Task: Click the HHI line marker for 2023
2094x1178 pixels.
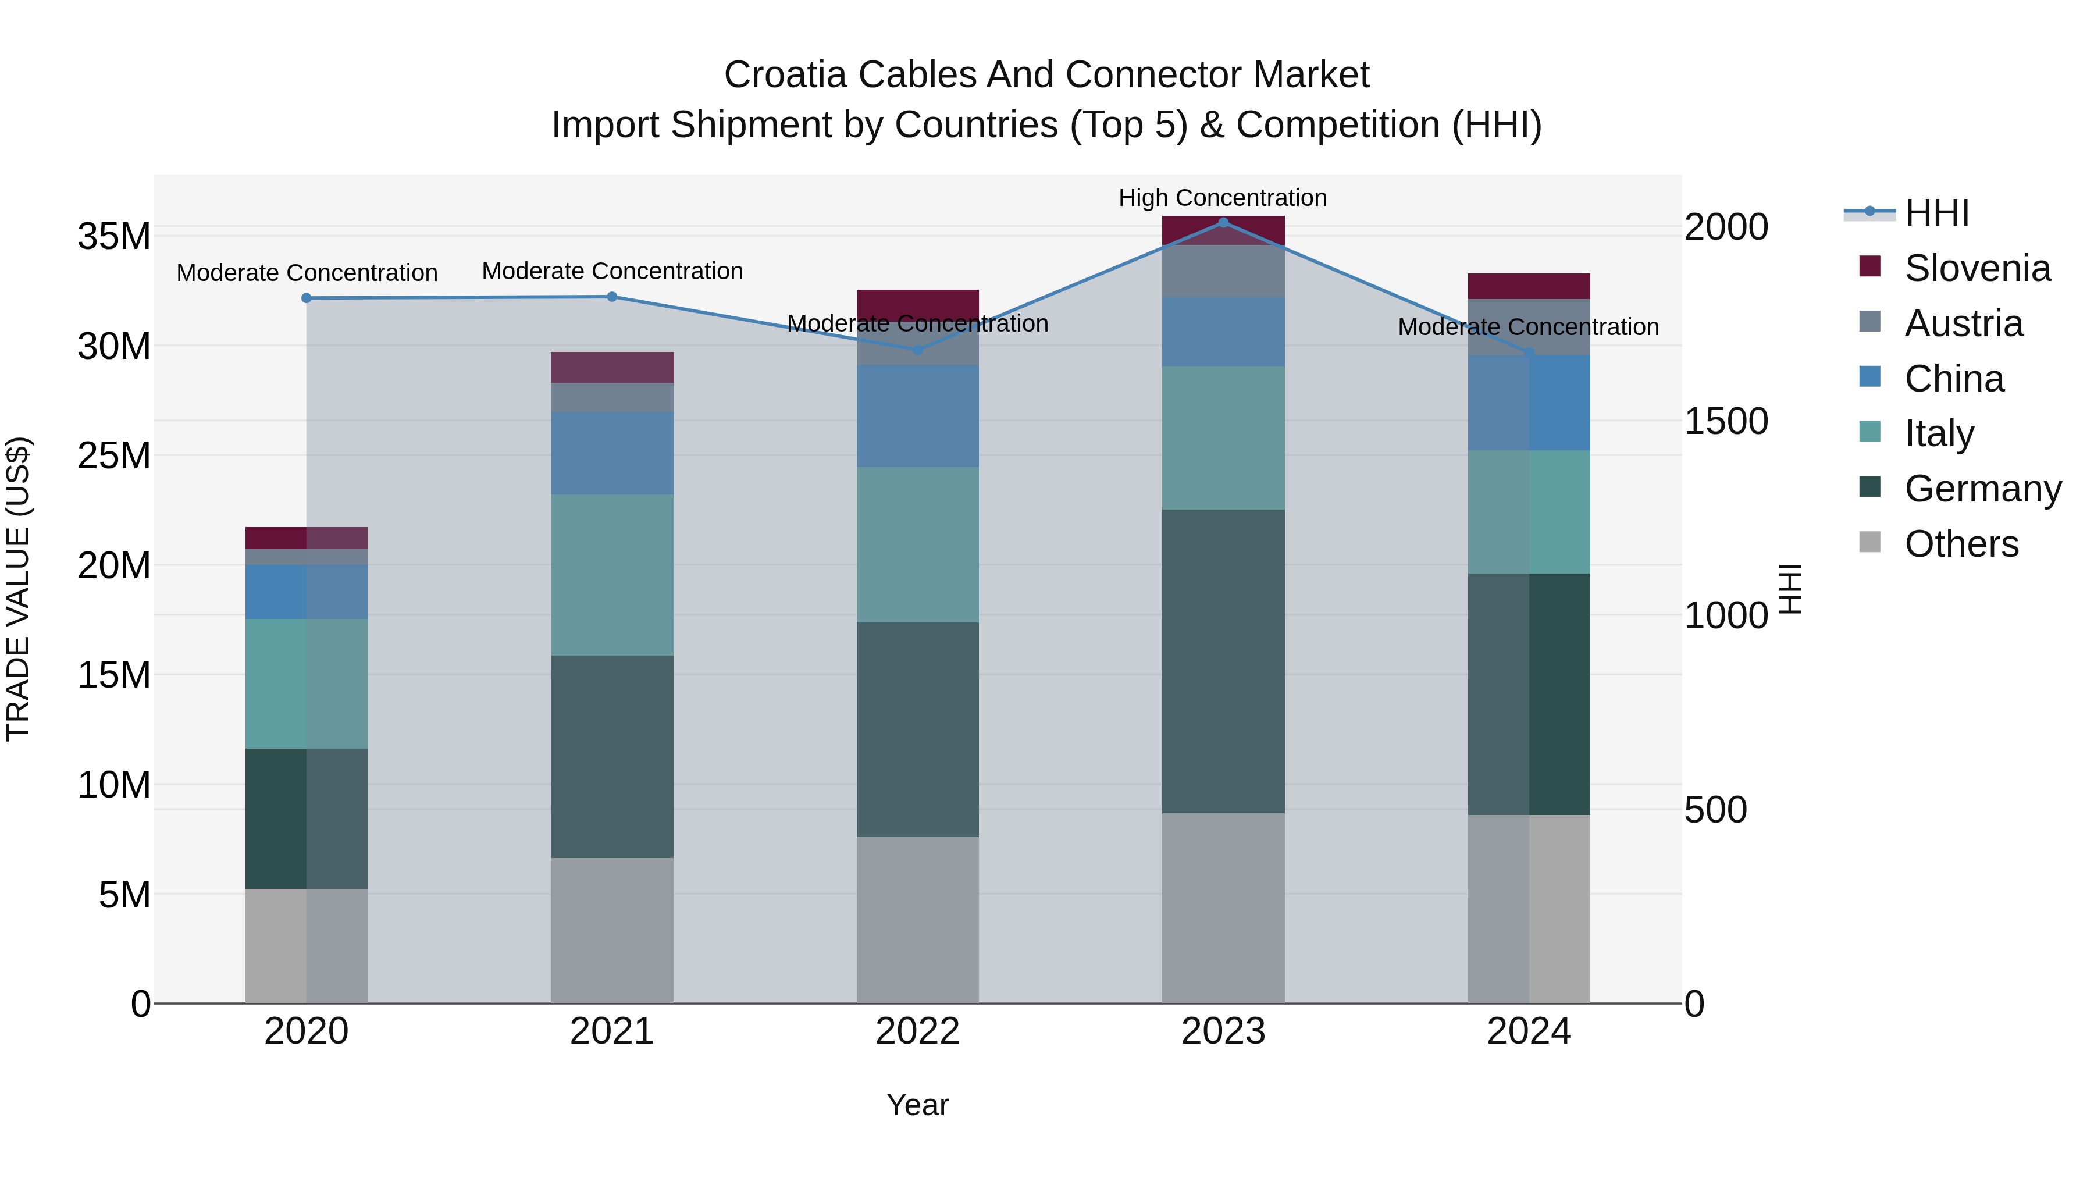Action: [1223, 223]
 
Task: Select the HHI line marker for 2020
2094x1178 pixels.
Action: [307, 298]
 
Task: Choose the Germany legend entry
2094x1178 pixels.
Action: [1982, 489]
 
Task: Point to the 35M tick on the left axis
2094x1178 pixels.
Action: [114, 237]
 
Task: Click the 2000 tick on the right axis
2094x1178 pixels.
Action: [1725, 227]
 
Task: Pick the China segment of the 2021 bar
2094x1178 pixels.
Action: [611, 453]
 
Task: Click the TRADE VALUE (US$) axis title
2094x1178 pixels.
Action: [18, 589]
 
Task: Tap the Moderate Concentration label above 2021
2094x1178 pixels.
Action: [612, 271]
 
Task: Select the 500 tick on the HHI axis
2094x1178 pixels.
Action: [1715, 810]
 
